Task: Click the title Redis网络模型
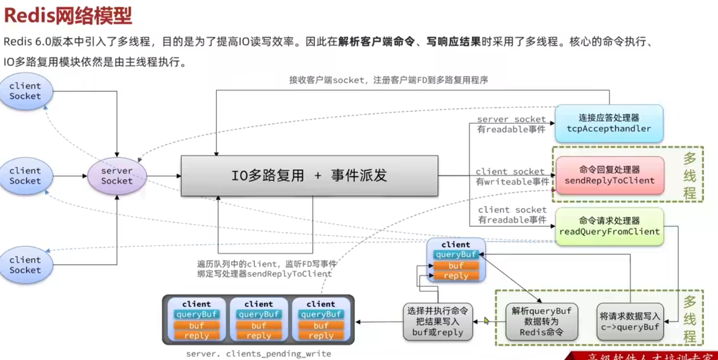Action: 68,16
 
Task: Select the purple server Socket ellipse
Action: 117,175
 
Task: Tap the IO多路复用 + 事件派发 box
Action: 309,176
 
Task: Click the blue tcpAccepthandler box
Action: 609,123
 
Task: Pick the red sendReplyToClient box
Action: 609,175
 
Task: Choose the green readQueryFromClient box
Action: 609,226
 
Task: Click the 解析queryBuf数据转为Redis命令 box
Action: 542,322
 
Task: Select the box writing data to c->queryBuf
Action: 630,322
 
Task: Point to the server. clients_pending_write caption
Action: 258,354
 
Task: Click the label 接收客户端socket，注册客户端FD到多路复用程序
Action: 388,80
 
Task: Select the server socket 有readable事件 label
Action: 511,125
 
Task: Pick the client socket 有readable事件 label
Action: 512,215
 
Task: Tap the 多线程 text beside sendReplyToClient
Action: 690,176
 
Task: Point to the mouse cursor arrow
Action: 486,320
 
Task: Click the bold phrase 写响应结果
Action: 453,42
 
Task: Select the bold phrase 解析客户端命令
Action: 376,42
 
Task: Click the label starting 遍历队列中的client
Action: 266,268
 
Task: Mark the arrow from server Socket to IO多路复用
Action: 164,176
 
